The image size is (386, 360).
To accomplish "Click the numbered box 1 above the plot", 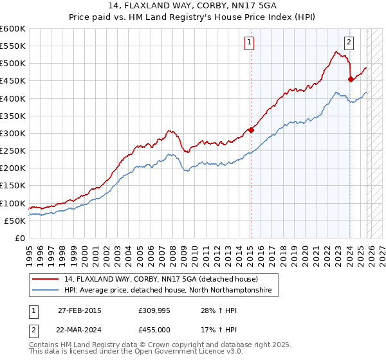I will [249, 43].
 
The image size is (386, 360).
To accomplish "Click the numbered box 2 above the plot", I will [349, 43].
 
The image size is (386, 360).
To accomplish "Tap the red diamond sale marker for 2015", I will [251, 130].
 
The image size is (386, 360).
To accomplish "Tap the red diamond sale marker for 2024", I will [351, 80].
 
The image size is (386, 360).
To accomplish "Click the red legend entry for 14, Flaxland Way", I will [161, 279].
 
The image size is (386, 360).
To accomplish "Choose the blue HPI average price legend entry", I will [167, 291].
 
